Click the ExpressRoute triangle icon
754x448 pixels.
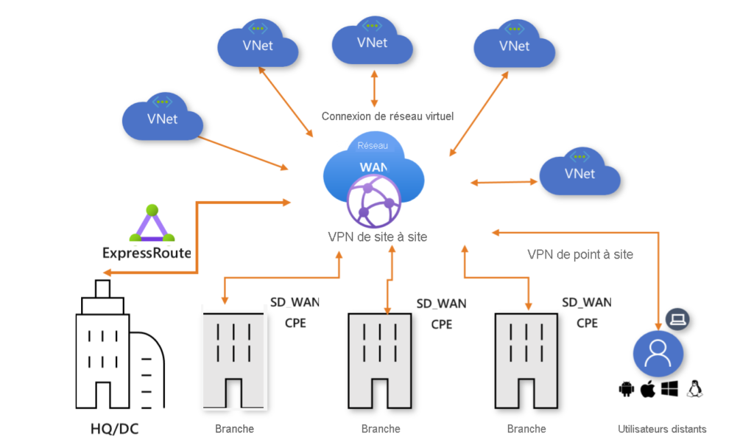[152, 225]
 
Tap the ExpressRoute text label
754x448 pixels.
[146, 253]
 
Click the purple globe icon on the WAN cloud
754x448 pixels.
[373, 202]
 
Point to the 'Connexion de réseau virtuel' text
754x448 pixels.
[387, 116]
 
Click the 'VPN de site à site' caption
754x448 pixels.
[377, 237]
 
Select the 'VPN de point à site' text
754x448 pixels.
[580, 254]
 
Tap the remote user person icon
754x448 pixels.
[658, 353]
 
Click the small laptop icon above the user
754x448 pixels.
[677, 319]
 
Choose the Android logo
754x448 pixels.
[627, 389]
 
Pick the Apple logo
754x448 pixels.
[648, 389]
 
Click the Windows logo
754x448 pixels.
[669, 389]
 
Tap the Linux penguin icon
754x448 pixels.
[694, 389]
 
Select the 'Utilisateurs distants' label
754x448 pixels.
[662, 429]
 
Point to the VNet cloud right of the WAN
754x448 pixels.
[579, 173]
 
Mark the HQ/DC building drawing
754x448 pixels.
[114, 354]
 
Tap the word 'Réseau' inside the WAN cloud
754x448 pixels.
[373, 145]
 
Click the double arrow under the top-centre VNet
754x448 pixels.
[375, 88]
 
